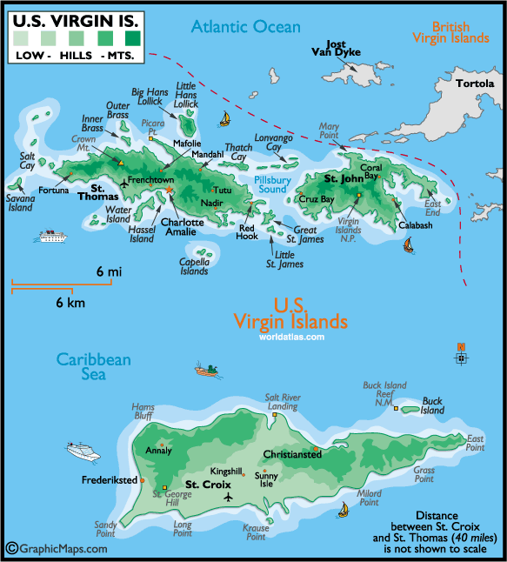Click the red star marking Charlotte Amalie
click(x=170, y=191)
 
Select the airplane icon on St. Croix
click(x=228, y=497)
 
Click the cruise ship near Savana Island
click(x=53, y=236)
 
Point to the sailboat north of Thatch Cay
click(x=224, y=118)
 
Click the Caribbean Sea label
click(x=82, y=366)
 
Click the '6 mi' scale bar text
click(x=109, y=272)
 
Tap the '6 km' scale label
click(x=70, y=303)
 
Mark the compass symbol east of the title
click(x=460, y=355)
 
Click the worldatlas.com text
click(x=291, y=337)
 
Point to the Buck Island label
click(x=432, y=406)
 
